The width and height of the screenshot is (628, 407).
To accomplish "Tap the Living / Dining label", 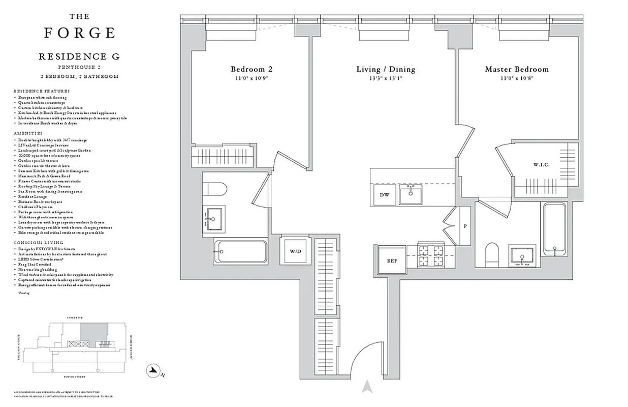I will (x=386, y=69).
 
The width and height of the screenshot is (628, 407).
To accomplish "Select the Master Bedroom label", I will (x=517, y=69).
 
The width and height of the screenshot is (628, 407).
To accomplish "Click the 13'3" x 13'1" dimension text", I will (x=386, y=78).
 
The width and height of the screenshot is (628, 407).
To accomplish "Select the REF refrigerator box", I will (x=392, y=260).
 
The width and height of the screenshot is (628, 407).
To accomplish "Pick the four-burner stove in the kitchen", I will (x=431, y=256).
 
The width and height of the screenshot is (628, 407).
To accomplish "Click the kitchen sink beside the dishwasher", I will (x=411, y=194).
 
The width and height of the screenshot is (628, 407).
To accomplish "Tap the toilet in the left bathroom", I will (x=212, y=188).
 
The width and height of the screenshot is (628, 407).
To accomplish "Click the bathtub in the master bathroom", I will (x=554, y=229).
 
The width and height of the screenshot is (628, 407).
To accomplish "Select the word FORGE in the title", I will (x=79, y=33).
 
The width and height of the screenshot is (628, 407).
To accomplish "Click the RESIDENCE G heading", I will (x=79, y=57).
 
